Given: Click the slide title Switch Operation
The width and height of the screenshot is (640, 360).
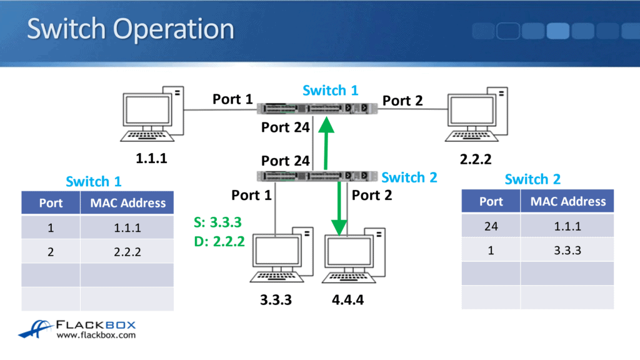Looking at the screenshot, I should [130, 29].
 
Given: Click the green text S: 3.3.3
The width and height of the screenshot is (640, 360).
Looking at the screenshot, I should [217, 221].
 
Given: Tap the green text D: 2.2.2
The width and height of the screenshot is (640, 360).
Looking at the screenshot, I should [217, 241].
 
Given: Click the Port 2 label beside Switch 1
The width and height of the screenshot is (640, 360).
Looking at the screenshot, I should [402, 101].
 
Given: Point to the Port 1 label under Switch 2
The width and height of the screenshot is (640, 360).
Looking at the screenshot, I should [252, 195].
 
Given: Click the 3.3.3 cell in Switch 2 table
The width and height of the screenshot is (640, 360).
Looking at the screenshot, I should [567, 250].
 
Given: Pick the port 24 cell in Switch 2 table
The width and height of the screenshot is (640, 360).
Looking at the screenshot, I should [491, 226].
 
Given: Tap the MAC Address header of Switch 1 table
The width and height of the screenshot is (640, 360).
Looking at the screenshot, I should [127, 202].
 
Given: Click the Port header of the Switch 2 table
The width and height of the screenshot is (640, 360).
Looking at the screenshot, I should [491, 201].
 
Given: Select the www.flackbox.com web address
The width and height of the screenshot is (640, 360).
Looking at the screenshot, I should [96, 336].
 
